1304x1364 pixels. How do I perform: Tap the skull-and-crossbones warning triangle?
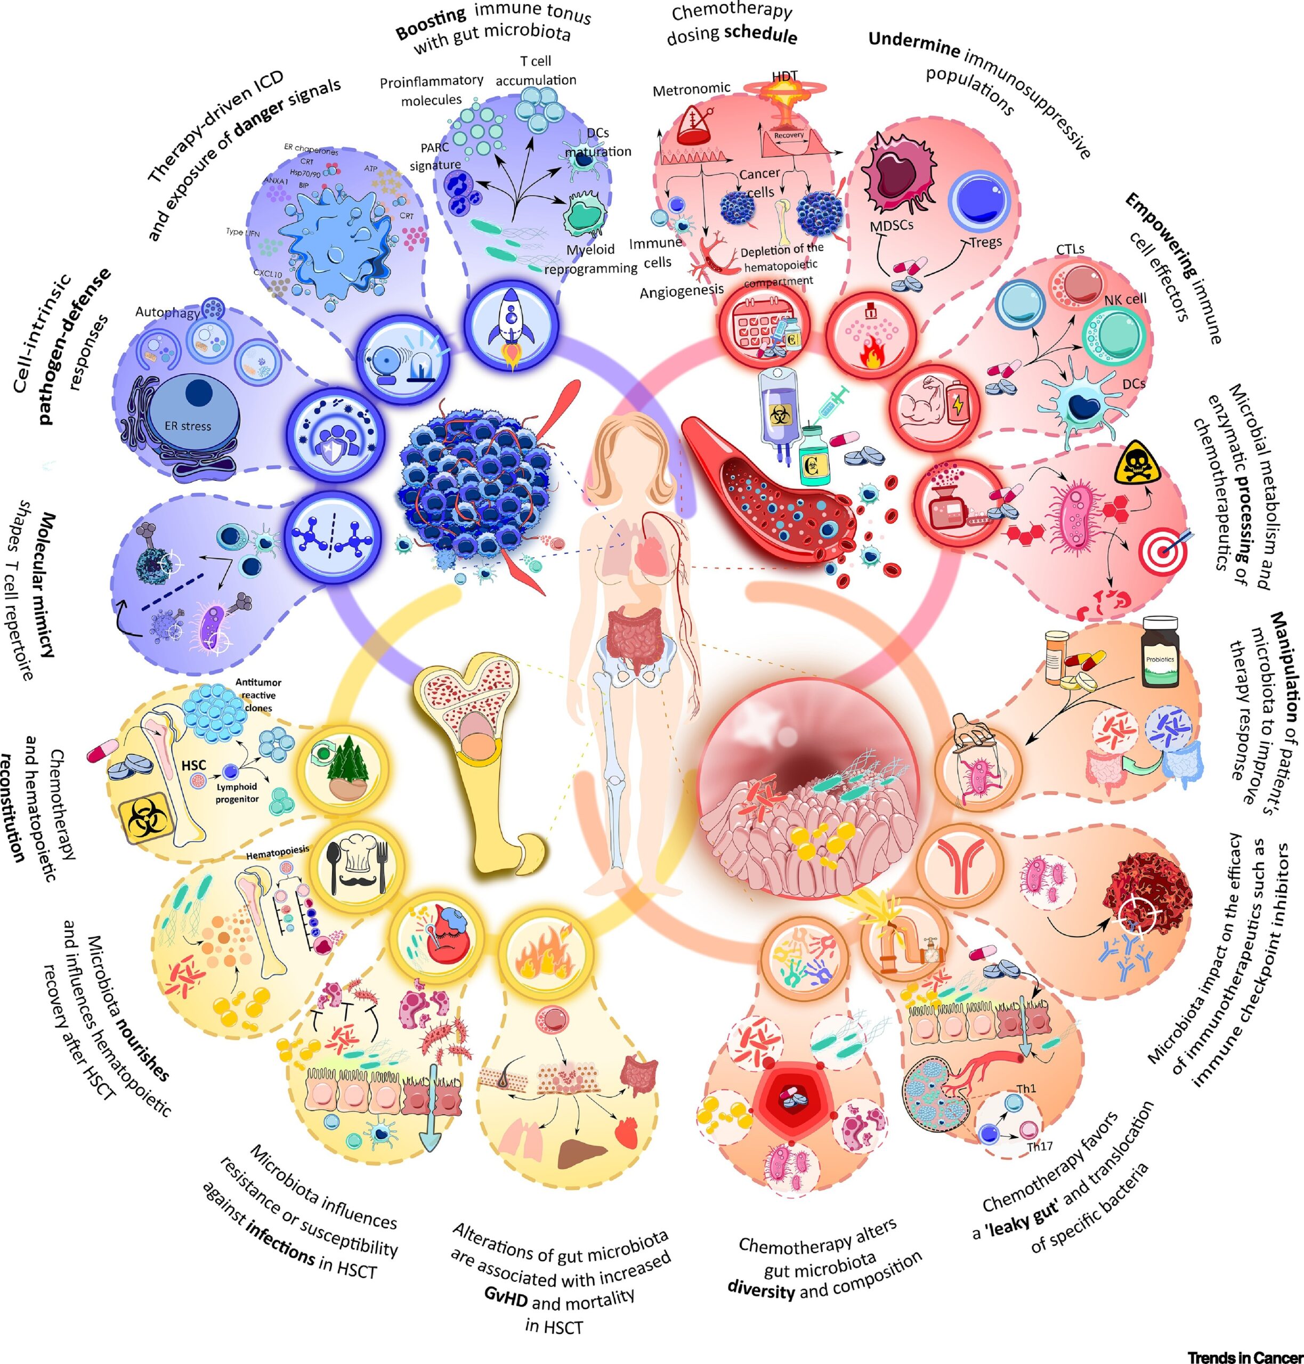tap(1137, 464)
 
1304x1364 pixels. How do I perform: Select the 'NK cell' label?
tap(1125, 299)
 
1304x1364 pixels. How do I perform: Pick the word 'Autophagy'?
tap(167, 312)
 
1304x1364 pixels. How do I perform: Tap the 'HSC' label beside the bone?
tap(193, 766)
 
